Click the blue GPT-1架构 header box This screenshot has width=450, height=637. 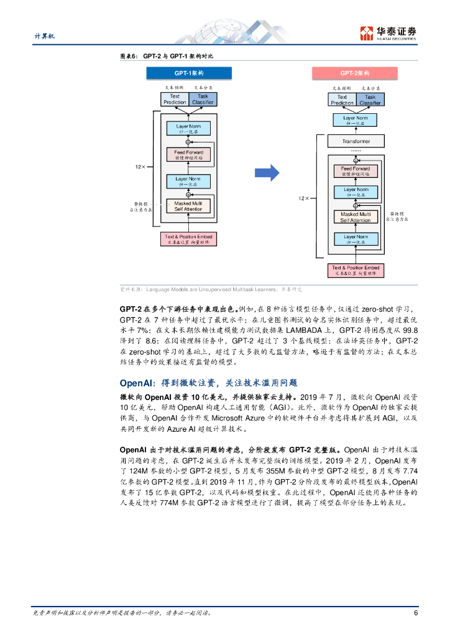(x=188, y=73)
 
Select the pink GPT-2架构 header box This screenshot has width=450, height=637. (x=355, y=73)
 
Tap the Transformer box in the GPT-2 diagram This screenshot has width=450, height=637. (x=356, y=141)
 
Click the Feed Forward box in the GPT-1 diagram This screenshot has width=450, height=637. (x=188, y=155)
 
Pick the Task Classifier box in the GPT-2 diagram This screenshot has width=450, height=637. (x=370, y=100)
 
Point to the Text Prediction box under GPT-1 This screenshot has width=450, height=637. (x=175, y=99)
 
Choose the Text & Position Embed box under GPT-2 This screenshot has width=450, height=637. (x=354, y=271)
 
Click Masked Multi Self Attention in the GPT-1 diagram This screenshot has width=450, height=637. (x=188, y=206)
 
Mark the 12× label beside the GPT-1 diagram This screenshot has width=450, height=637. (x=140, y=167)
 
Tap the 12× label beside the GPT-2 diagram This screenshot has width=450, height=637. (x=303, y=198)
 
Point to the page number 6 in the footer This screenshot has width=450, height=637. (x=415, y=613)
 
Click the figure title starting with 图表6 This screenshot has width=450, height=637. (x=166, y=56)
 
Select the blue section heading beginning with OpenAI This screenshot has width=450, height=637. (x=208, y=383)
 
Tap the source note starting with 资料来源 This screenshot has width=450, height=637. (x=211, y=289)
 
